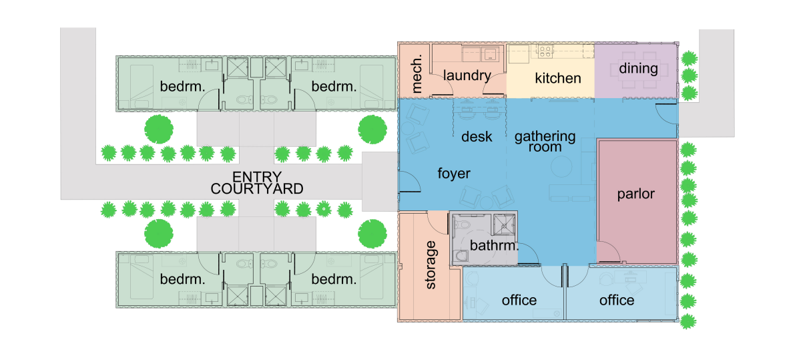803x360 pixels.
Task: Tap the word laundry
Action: [467, 75]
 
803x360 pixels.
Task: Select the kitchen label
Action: [558, 78]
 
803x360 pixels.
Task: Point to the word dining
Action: [638, 69]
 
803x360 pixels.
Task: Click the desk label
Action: [477, 137]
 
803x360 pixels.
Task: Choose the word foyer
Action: [454, 174]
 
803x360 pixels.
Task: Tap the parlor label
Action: [635, 194]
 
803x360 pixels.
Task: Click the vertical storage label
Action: [431, 264]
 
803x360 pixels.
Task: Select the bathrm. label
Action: [494, 245]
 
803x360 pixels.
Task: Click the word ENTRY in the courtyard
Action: [257, 177]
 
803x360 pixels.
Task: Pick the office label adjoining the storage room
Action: [519, 300]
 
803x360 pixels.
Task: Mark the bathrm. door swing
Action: [528, 254]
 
